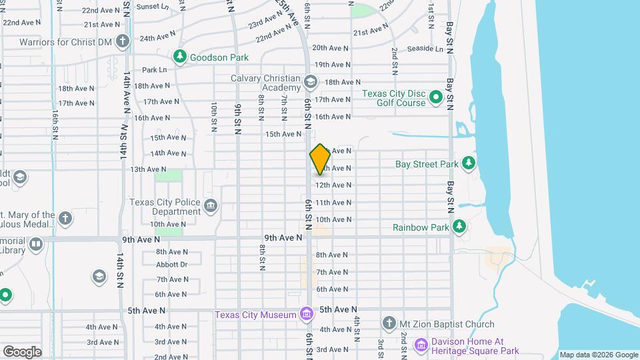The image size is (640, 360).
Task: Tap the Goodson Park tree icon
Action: (179, 57)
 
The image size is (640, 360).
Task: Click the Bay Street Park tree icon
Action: (469, 163)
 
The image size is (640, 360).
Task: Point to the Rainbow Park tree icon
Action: (459, 227)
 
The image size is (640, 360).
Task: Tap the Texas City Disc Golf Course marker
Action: (436, 99)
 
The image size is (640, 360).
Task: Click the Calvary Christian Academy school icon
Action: (310, 83)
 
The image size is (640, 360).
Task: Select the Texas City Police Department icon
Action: (211, 204)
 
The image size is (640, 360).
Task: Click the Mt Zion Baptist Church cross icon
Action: (389, 324)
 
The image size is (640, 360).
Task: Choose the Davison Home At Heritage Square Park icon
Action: (420, 345)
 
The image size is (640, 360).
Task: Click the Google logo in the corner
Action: (22, 351)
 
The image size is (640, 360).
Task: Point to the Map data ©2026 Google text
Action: (598, 355)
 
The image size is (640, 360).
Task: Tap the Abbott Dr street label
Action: (171, 264)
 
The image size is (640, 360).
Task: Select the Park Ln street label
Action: (154, 69)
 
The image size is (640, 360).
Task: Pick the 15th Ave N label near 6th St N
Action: (283, 134)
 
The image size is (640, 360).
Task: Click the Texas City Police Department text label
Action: (164, 207)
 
